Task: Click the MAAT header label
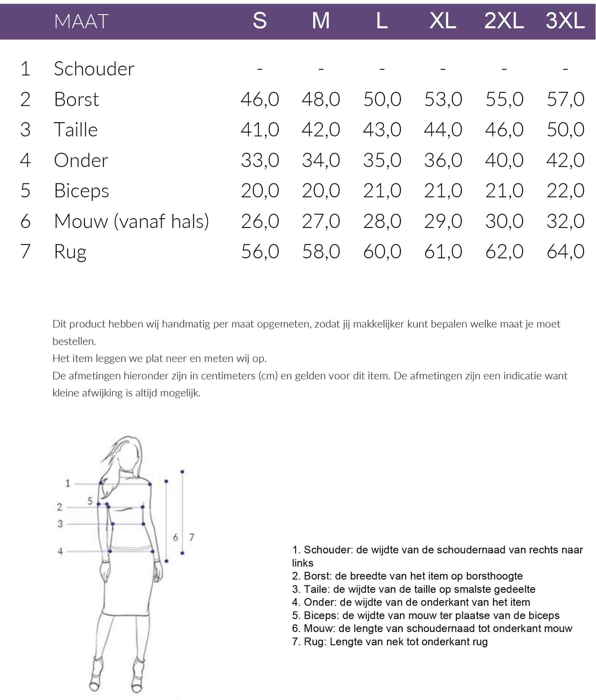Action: point(81,21)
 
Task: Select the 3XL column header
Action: point(565,21)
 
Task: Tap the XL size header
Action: point(443,21)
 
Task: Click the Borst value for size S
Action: point(260,99)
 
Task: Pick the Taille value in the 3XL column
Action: point(565,130)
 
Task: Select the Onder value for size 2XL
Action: point(504,160)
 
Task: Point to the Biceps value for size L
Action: point(382,191)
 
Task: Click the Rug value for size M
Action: point(321,252)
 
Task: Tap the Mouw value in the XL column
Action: point(443,222)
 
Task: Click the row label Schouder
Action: point(94,69)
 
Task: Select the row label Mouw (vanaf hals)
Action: point(131,222)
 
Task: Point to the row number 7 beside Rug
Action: point(25,252)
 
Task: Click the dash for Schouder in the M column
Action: point(321,69)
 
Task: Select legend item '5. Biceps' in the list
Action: point(426,616)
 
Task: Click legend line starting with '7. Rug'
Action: point(390,642)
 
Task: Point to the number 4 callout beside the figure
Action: point(60,551)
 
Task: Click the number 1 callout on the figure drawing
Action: point(68,483)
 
